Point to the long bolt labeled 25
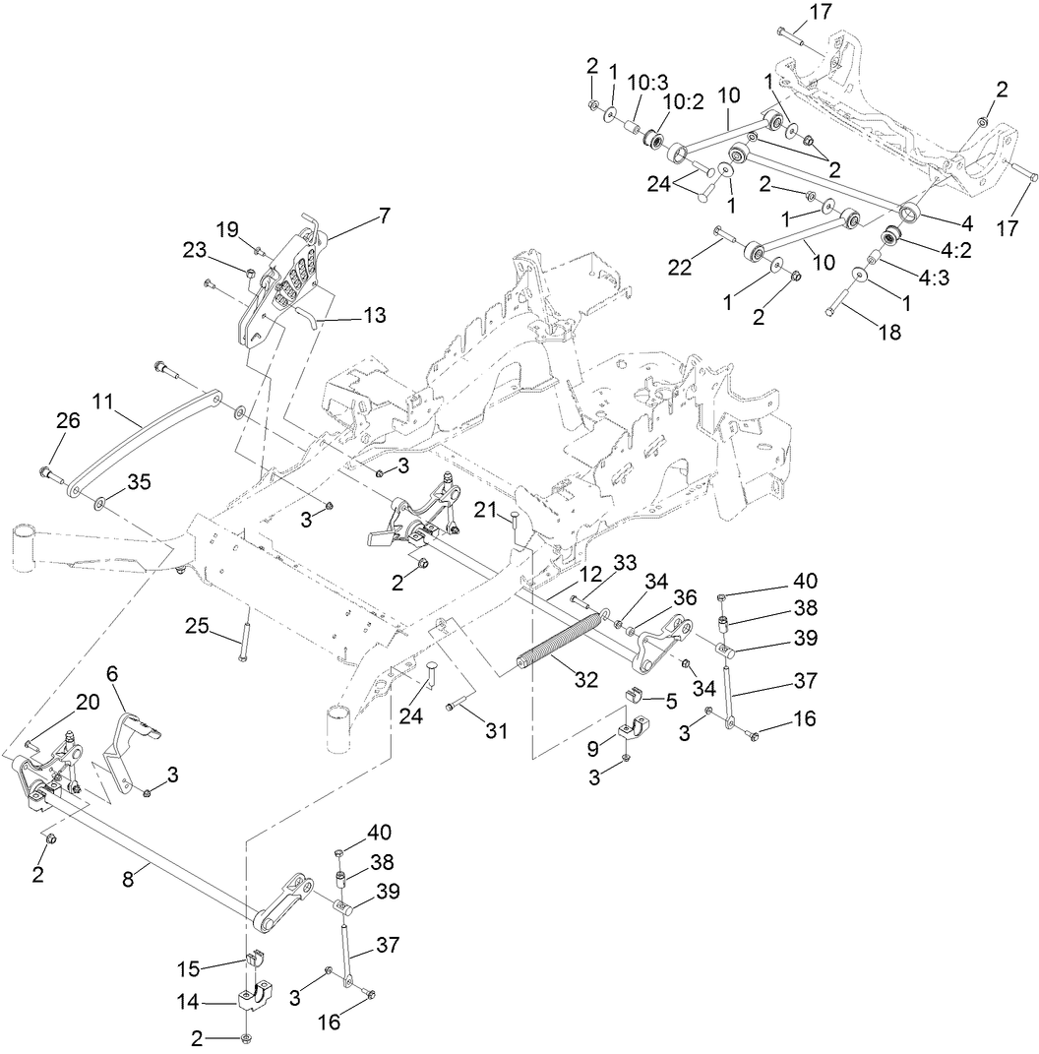(242, 641)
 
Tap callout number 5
(670, 702)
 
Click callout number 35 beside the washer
(140, 482)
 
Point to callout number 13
(373, 316)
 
